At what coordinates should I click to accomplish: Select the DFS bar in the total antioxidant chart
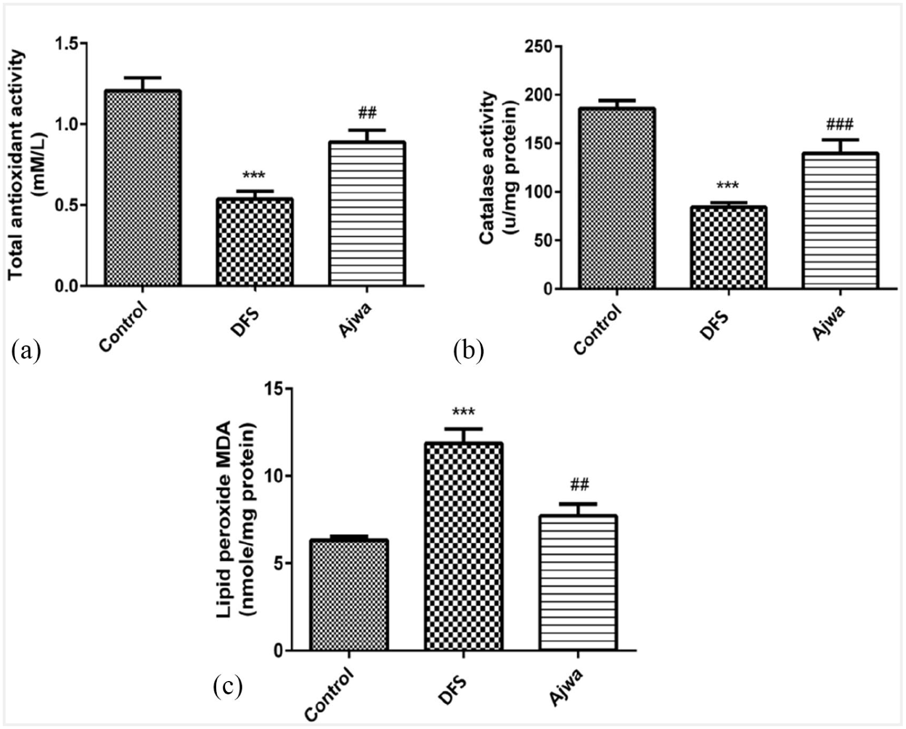click(x=255, y=242)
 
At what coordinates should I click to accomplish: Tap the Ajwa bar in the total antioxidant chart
click(x=366, y=214)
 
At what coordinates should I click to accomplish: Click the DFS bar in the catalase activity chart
click(x=728, y=247)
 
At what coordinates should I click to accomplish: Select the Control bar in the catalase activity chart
click(x=616, y=198)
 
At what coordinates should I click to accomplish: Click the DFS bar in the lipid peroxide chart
click(x=463, y=546)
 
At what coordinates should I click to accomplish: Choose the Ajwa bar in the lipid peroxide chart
click(x=578, y=582)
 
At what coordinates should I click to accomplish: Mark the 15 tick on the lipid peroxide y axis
click(x=273, y=389)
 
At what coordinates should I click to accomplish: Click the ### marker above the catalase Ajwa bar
click(x=840, y=124)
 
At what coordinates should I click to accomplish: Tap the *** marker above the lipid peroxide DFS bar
click(x=463, y=412)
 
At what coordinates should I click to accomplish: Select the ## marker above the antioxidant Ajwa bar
click(x=367, y=114)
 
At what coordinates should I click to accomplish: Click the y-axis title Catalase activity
click(x=488, y=167)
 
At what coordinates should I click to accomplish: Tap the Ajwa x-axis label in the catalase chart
click(x=829, y=322)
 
